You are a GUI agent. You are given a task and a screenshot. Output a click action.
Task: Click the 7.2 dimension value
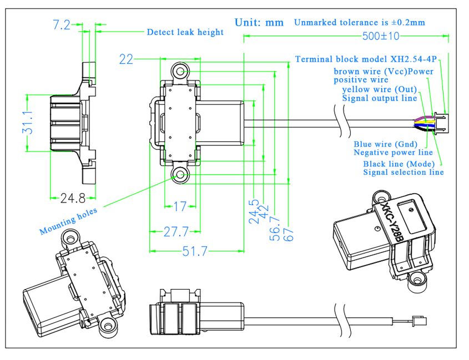[62, 25]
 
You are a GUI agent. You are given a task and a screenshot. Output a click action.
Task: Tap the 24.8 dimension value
[73, 197]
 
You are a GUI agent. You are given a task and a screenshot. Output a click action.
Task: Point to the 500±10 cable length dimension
[380, 37]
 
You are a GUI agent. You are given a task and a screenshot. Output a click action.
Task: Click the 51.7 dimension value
[195, 251]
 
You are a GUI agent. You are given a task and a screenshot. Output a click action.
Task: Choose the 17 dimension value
[180, 207]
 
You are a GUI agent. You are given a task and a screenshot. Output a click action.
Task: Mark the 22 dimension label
[127, 59]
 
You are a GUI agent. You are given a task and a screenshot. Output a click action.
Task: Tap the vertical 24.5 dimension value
[254, 211]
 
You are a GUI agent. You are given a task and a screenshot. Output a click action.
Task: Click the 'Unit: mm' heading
[259, 23]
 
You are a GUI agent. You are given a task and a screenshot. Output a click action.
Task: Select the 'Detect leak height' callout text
[185, 32]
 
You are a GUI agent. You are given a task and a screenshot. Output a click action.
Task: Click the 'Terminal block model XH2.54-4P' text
[366, 59]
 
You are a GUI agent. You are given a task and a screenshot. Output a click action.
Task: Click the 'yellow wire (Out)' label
[381, 90]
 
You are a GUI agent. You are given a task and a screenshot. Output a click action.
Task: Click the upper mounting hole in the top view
[179, 71]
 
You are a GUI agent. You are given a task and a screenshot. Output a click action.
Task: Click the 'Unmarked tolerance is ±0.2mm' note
[359, 23]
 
